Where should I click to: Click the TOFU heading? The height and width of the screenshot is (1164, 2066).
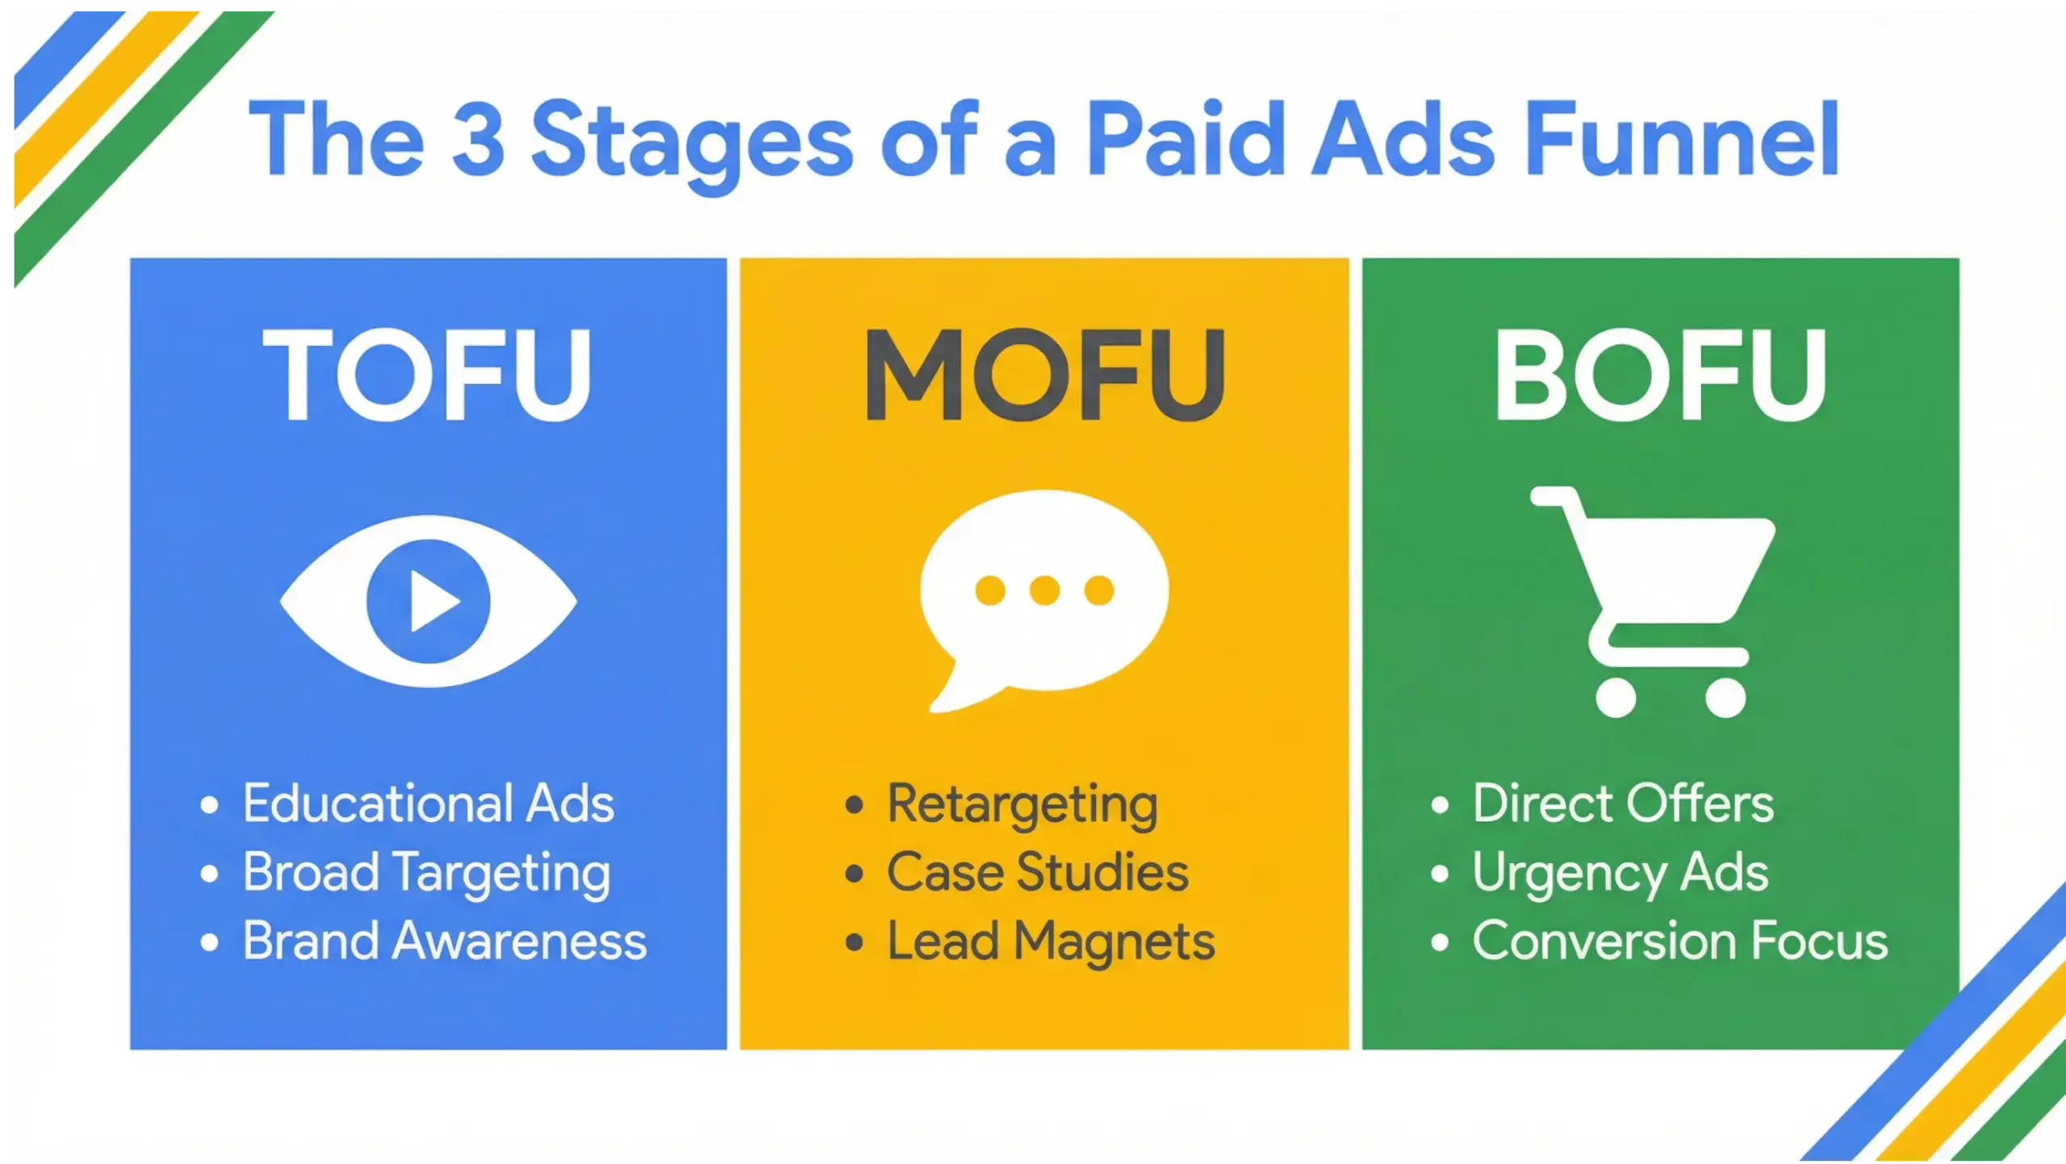point(427,375)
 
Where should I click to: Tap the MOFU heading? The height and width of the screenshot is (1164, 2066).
point(1044,375)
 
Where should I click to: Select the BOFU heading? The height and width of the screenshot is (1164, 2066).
point(1660,375)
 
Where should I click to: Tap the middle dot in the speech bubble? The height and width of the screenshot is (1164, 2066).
point(1044,590)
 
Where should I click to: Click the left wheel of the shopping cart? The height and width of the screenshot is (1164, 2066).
point(1616,698)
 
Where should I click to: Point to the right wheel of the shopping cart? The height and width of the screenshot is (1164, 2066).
point(1725,698)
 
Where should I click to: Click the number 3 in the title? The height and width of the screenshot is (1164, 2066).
point(478,139)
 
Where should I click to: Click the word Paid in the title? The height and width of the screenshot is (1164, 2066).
point(1185,139)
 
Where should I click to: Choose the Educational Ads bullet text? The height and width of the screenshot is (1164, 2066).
point(429,803)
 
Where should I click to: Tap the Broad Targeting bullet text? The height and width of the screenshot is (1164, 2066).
point(427,873)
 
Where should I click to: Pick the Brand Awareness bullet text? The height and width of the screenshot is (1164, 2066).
point(445,941)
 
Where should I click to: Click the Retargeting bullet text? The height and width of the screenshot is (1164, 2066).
point(1023,805)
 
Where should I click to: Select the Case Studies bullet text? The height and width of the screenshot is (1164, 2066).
point(1038,872)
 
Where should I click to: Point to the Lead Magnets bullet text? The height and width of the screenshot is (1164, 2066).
point(1051,941)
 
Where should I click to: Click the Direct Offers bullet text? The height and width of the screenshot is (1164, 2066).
point(1623,803)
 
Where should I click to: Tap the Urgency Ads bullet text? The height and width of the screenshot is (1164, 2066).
point(1620,873)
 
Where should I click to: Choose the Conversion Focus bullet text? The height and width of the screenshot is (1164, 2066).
point(1680,941)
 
